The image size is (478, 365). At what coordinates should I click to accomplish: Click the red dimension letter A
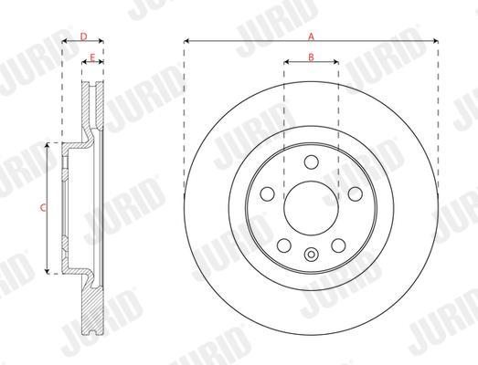[311, 36]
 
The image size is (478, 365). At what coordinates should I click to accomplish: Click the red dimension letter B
[311, 57]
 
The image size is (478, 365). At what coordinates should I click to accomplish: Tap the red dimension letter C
[43, 208]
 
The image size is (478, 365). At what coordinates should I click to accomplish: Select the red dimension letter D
[83, 36]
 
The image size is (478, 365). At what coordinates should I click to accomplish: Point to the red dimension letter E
[92, 57]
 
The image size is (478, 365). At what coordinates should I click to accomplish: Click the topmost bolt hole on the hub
[312, 162]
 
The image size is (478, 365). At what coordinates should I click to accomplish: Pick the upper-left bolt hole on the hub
[268, 194]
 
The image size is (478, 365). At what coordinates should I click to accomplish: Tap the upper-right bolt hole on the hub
[356, 194]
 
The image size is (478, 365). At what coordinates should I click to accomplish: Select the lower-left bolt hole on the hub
[284, 245]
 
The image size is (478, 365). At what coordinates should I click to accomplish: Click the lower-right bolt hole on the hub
[338, 245]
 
